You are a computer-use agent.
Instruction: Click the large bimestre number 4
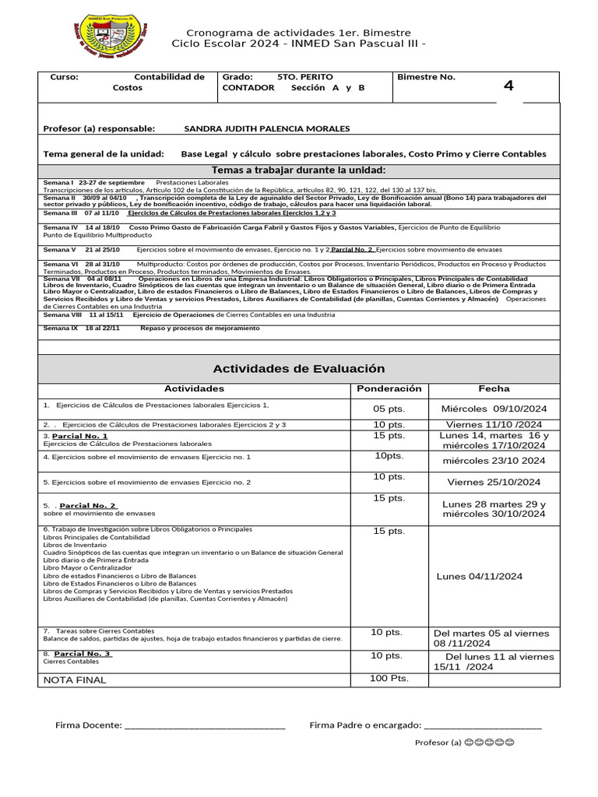pyautogui.click(x=508, y=86)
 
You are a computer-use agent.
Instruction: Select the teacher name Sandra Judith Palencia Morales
pyautogui.click(x=266, y=128)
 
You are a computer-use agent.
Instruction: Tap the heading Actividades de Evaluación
pyautogui.click(x=299, y=369)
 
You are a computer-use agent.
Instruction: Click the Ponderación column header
pyautogui.click(x=389, y=388)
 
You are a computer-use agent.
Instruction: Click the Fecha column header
pyautogui.click(x=494, y=388)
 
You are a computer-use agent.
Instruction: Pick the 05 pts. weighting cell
pyautogui.click(x=389, y=409)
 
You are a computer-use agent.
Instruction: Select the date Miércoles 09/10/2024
pyautogui.click(x=494, y=409)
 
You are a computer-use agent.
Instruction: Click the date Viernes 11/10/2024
pyautogui.click(x=494, y=425)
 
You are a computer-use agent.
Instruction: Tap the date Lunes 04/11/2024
pyautogui.click(x=480, y=576)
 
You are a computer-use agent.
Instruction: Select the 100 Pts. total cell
pyautogui.click(x=389, y=679)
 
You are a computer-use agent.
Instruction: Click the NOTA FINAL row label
pyautogui.click(x=75, y=679)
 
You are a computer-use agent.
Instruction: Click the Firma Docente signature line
pyautogui.click(x=205, y=726)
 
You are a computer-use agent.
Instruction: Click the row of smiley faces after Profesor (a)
pyautogui.click(x=489, y=743)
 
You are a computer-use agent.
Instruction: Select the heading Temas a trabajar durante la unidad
pyautogui.click(x=299, y=171)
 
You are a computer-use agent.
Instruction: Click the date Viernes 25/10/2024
pyautogui.click(x=494, y=482)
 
